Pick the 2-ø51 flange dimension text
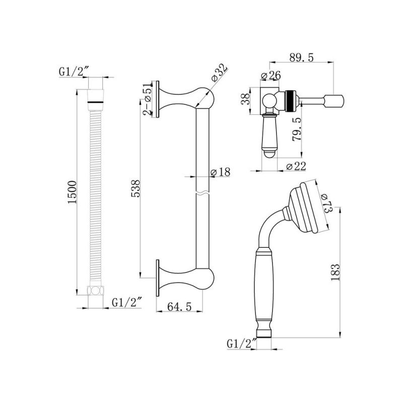pyautogui.click(x=147, y=100)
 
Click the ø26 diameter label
pyautogui.click(x=271, y=76)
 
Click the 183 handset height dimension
pyautogui.click(x=337, y=272)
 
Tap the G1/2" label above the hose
pyautogui.click(x=73, y=72)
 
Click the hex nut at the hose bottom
pyautogui.click(x=95, y=291)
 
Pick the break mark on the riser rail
pyautogui.click(x=202, y=193)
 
